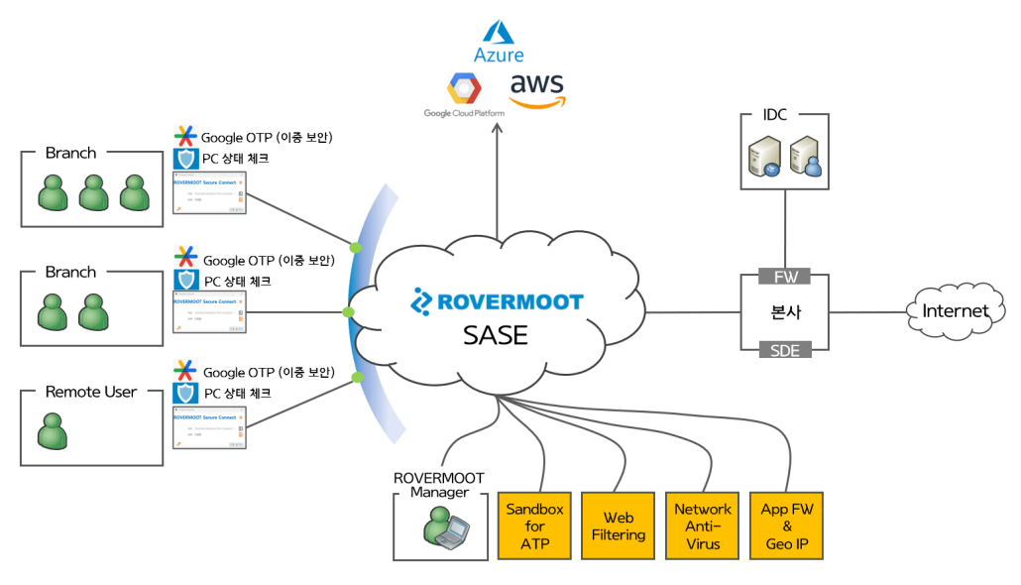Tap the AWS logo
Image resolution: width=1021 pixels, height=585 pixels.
[536, 90]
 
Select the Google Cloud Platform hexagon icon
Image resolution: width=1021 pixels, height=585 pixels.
[463, 89]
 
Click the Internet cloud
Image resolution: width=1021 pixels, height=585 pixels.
[956, 311]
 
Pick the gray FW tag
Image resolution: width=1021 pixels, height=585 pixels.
[785, 276]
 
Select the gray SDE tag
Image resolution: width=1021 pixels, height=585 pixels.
[785, 349]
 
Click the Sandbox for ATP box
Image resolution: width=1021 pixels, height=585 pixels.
[534, 526]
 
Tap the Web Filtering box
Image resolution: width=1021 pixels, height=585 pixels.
[619, 526]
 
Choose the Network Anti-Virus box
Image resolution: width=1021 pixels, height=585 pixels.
[703, 526]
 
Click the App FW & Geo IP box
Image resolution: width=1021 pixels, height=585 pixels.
[787, 526]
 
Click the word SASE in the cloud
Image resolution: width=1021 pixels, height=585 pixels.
[496, 335]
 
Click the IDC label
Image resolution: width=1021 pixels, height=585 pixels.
[775, 115]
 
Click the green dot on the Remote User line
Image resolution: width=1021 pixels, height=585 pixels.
[357, 378]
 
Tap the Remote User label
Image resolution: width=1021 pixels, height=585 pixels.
[91, 392]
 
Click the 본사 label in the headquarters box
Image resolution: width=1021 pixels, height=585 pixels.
[785, 311]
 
